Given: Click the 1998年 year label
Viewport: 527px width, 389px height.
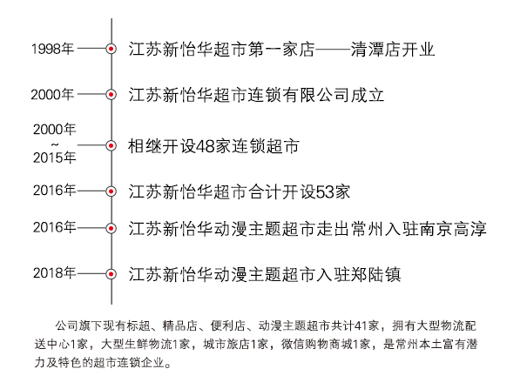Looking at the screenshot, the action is [x=52, y=49].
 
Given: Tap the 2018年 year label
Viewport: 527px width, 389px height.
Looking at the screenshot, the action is [x=54, y=273].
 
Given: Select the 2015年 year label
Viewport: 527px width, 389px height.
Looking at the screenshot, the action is [x=55, y=158].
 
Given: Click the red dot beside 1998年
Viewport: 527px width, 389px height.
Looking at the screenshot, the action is [x=111, y=49].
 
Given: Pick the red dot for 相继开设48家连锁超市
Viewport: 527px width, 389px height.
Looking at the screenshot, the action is [x=111, y=145].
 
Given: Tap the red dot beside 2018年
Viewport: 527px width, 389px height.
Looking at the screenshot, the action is [x=111, y=274].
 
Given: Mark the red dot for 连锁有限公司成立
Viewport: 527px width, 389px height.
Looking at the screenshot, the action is [x=111, y=95].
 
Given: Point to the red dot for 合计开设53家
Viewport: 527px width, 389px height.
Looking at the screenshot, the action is [x=111, y=191].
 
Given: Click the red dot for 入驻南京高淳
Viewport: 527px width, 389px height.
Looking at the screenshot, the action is [x=111, y=229].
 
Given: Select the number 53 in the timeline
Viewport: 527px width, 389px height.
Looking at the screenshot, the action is [x=325, y=192].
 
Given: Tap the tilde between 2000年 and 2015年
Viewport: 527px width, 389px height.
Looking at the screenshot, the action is [x=55, y=144].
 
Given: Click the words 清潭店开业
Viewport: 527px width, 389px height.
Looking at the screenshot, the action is [x=393, y=50].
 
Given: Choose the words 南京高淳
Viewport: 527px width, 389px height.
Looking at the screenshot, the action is [x=452, y=229].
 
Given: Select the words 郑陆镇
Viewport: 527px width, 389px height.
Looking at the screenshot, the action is [x=375, y=275].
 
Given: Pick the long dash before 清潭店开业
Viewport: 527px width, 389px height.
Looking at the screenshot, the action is [x=333, y=50].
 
